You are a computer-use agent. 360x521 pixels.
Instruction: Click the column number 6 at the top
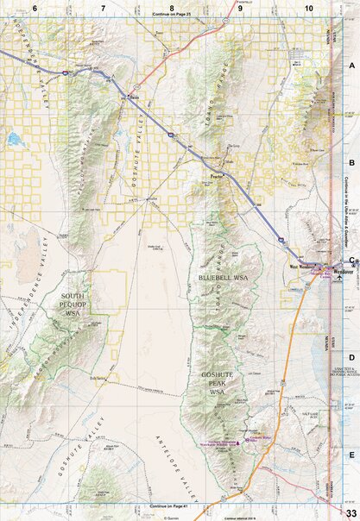point(35,7)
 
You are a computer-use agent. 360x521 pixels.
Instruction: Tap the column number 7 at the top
point(104,7)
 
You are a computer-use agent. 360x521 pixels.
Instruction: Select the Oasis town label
point(132,98)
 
